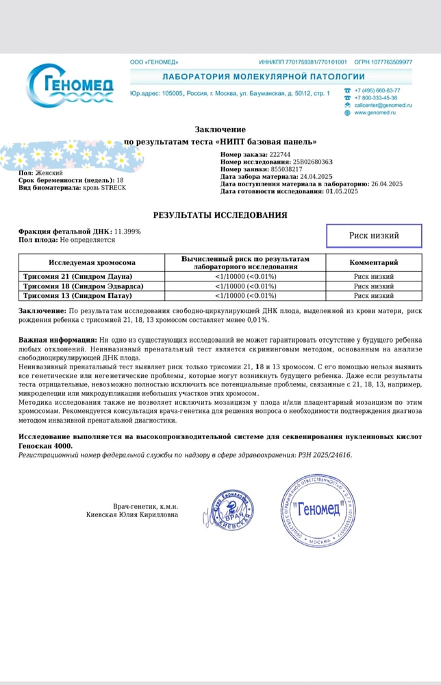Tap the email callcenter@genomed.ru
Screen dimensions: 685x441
pos(383,105)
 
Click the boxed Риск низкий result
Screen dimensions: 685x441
pos(374,236)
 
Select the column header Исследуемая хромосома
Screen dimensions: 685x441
pos(92,263)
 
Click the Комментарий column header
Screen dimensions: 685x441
pos(373,263)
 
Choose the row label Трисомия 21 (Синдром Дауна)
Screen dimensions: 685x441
pos(78,277)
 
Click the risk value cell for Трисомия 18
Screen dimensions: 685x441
pos(245,286)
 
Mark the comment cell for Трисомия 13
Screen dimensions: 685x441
pos(373,296)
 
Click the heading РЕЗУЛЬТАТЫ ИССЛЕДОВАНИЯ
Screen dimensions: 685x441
pos(220,215)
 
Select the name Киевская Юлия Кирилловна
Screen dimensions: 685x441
pos(132,514)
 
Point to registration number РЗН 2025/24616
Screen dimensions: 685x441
pos(324,455)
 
